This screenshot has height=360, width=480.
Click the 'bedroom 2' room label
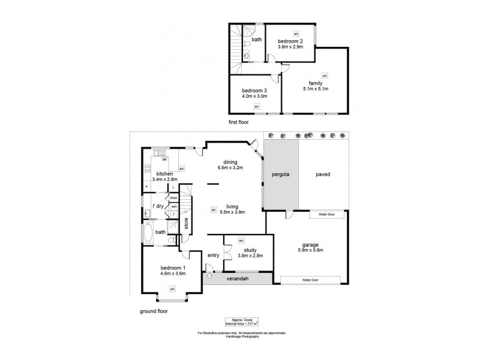[290, 40]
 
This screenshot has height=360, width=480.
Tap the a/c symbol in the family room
[325, 76]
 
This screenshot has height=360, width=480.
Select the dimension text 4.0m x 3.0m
[254, 95]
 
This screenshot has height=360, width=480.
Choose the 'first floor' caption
[238, 122]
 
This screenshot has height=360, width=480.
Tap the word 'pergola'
[280, 175]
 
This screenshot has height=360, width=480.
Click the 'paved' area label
[323, 175]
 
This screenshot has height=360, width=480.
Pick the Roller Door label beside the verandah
[310, 280]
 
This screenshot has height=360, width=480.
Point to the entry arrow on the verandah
[209, 277]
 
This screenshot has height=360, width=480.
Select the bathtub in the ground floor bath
[148, 232]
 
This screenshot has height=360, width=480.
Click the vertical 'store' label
[187, 223]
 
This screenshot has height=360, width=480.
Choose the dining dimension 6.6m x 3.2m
[230, 168]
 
